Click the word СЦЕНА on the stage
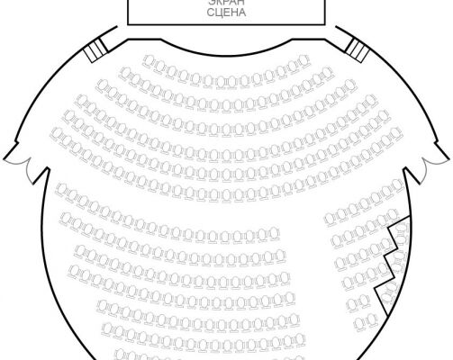pyautogui.click(x=226, y=13)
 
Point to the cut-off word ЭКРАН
pyautogui.click(x=226, y=3)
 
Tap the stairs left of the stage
pyautogui.click(x=95, y=51)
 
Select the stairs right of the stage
pyautogui.click(x=358, y=50)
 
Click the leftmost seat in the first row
pyautogui.click(x=149, y=61)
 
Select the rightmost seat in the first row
pyautogui.click(x=304, y=61)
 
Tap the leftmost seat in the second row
pyautogui.click(x=126, y=73)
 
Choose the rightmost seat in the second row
pyautogui.click(x=327, y=73)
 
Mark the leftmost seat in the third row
pyautogui.click(x=103, y=85)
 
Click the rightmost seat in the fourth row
pyautogui.click(x=371, y=100)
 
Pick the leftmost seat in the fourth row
pyautogui.click(x=81, y=101)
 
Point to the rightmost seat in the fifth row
pyautogui.click(x=383, y=116)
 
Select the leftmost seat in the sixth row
pyautogui.click(x=57, y=133)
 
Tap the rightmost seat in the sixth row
pyautogui.click(x=396, y=133)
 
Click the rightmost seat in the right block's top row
pyautogui.click(x=398, y=184)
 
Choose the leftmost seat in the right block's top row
pyautogui.click(x=331, y=219)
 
